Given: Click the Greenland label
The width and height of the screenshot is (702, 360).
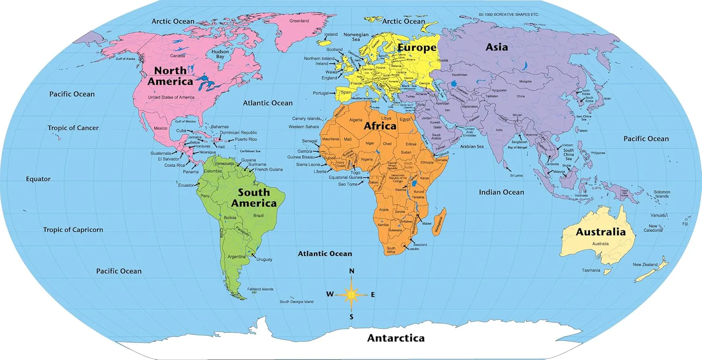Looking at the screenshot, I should click(299, 21).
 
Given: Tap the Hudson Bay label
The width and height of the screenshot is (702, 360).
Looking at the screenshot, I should click(220, 54).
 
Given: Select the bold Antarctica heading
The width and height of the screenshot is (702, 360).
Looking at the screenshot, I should click(395, 338).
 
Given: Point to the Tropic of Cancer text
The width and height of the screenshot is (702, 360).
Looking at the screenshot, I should click(73, 128).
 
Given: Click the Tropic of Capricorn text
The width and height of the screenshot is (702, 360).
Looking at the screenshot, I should click(73, 230).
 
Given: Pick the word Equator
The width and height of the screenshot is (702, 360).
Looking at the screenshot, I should click(38, 179).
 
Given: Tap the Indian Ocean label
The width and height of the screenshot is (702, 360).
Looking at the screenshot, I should click(501, 192).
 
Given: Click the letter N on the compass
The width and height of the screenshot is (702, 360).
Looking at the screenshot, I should click(352, 271).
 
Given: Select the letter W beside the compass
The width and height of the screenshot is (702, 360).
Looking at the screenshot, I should click(330, 294).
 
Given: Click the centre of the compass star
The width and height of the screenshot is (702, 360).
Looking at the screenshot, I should click(351, 294).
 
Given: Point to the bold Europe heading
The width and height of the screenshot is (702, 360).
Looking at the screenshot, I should click(417, 48).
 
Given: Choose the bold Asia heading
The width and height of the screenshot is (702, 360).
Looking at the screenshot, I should click(497, 47).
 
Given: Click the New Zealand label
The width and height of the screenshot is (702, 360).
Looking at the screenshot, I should click(645, 265).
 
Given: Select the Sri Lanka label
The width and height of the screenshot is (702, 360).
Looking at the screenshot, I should click(516, 176).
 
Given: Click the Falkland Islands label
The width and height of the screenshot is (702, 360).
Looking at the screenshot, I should click(260, 289).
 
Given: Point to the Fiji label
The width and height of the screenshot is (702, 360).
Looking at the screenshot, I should click(685, 224).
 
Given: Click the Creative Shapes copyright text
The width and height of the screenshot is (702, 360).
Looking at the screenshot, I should click(510, 15).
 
